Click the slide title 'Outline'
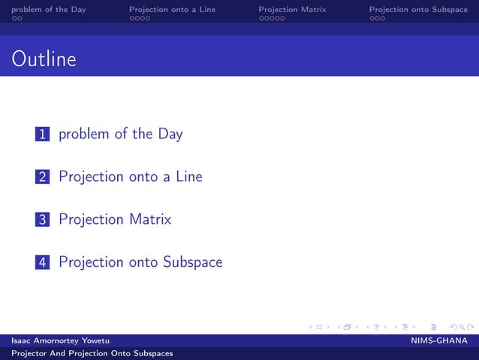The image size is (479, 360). click(x=44, y=59)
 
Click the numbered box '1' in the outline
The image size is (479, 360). click(x=43, y=135)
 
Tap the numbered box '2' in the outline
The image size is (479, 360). click(x=43, y=177)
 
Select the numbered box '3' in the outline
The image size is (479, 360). click(x=43, y=220)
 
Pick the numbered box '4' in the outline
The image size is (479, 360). click(x=43, y=262)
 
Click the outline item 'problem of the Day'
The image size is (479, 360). click(x=120, y=135)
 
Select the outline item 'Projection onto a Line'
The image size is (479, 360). click(x=130, y=177)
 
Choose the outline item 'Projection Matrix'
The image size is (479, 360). click(x=115, y=220)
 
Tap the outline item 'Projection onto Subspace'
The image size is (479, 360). click(x=140, y=262)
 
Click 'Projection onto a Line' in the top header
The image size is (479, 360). click(x=172, y=9)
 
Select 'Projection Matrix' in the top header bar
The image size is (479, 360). click(x=292, y=9)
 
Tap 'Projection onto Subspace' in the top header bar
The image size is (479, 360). click(x=418, y=9)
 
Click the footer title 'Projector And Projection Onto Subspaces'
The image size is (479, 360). click(x=92, y=353)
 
